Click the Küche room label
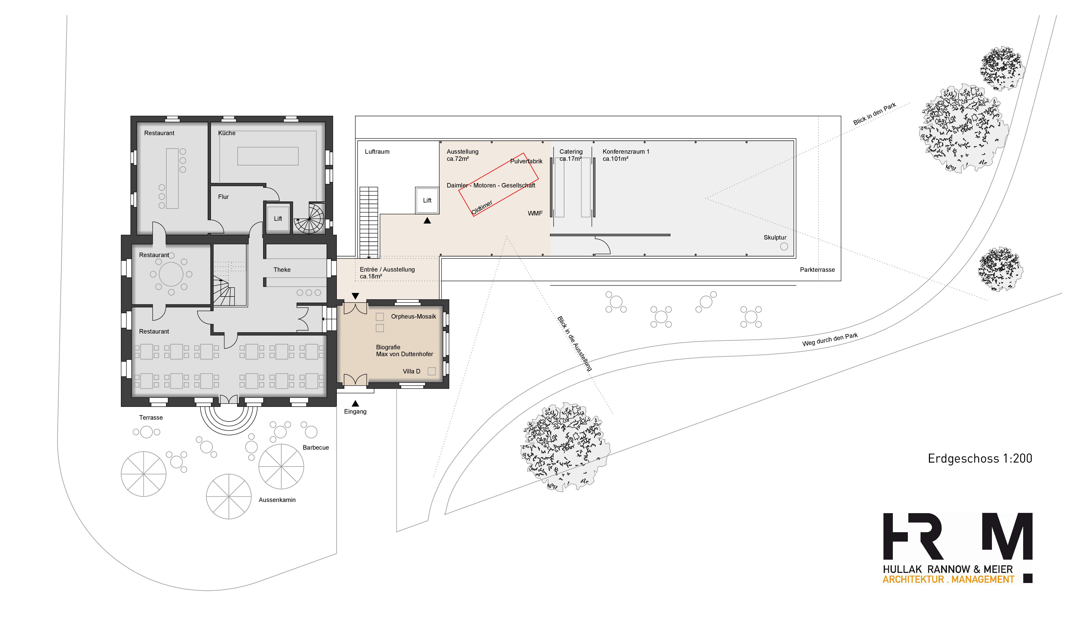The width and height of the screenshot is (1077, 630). [227, 133]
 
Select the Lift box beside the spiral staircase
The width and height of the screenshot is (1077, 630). [278, 218]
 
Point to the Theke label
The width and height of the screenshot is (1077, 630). [282, 270]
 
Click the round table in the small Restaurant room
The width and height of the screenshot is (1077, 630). [171, 274]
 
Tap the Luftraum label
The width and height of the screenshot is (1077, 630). [377, 152]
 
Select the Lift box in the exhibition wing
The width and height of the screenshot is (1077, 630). [427, 200]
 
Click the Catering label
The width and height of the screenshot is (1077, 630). [571, 152]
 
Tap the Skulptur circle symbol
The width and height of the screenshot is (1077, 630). [784, 246]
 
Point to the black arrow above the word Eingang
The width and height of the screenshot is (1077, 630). [355, 403]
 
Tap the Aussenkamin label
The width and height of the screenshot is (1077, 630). [277, 500]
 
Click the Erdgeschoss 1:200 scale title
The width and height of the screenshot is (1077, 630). [980, 459]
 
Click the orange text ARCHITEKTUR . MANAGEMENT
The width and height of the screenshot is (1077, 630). [948, 579]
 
